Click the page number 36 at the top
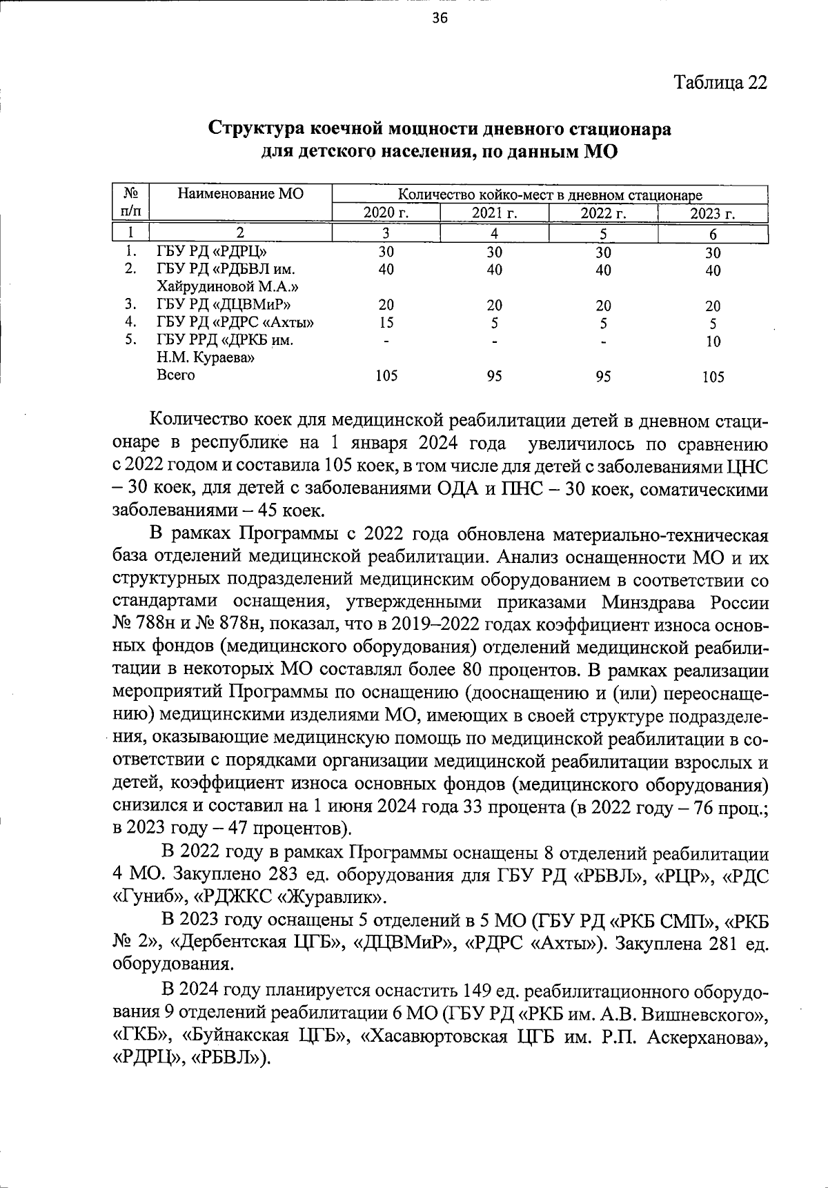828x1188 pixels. tap(440, 19)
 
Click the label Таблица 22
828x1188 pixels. tap(720, 83)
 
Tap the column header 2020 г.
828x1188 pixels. tap(386, 213)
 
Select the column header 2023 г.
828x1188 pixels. tap(713, 213)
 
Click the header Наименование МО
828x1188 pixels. tap(240, 194)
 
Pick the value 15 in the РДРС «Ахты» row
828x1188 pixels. tap(386, 322)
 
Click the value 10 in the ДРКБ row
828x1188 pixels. tap(713, 341)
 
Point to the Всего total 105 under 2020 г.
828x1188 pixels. tap(386, 376)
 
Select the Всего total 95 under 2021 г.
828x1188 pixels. tap(494, 376)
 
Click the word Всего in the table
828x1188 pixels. tap(176, 375)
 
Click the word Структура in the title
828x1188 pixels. tap(255, 129)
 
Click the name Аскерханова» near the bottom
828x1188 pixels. tap(707, 1037)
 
